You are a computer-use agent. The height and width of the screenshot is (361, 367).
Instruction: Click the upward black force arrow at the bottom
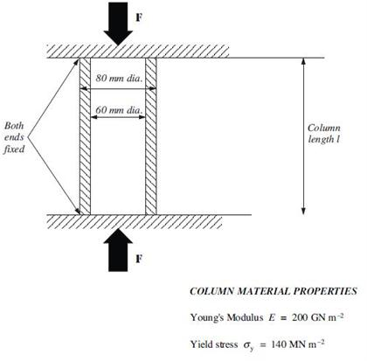(x=118, y=250)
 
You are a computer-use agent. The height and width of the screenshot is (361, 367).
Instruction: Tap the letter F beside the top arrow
(x=139, y=17)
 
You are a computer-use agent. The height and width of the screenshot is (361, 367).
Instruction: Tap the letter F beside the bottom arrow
(x=139, y=259)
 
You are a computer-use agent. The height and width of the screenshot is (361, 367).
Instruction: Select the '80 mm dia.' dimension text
(x=120, y=78)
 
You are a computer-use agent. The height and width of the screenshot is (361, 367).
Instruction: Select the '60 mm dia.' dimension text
(x=120, y=110)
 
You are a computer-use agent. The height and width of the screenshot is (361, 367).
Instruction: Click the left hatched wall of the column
(x=85, y=136)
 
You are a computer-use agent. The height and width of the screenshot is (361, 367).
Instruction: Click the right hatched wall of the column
(x=151, y=136)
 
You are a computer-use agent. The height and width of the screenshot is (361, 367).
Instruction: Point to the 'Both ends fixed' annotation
(x=14, y=137)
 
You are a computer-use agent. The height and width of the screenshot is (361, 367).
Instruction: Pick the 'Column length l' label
(x=324, y=134)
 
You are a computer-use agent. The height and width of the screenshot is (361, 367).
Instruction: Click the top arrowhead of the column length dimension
(x=303, y=61)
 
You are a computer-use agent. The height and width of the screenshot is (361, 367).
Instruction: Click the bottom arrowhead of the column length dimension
(x=303, y=212)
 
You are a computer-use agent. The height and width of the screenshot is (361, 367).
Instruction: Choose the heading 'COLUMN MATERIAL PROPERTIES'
(x=274, y=291)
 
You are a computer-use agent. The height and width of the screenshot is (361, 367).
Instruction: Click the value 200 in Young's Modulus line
(x=300, y=317)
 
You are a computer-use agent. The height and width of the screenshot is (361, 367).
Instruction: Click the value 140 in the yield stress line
(x=279, y=344)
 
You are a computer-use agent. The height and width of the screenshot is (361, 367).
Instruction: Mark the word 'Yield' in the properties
(x=200, y=344)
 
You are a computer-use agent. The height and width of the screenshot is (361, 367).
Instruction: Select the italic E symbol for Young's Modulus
(x=272, y=317)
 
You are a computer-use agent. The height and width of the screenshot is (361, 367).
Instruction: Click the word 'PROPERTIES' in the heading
(x=325, y=291)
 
